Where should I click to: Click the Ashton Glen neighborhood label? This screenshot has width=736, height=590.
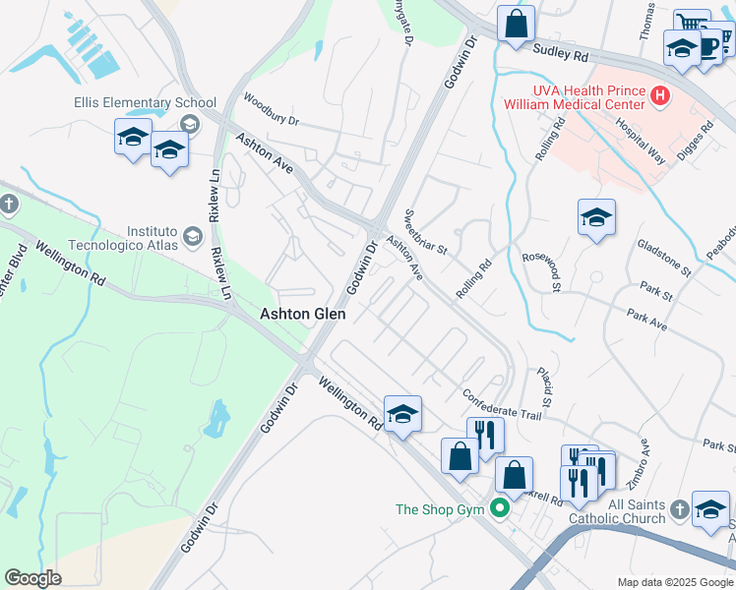pos(302,314)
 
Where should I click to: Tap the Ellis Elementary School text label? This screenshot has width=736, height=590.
pos(145,103)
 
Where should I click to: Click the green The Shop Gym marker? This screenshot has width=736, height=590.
pos(500,509)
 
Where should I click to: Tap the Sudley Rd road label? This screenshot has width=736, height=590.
pos(560,49)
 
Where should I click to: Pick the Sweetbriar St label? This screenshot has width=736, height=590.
pos(426,233)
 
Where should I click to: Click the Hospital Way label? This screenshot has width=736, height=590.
pos(635,139)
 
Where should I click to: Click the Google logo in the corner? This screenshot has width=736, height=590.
pos(32,578)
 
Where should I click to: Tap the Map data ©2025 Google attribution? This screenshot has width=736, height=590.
pos(674,582)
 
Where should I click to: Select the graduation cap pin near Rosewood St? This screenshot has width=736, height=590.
pos(596,218)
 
